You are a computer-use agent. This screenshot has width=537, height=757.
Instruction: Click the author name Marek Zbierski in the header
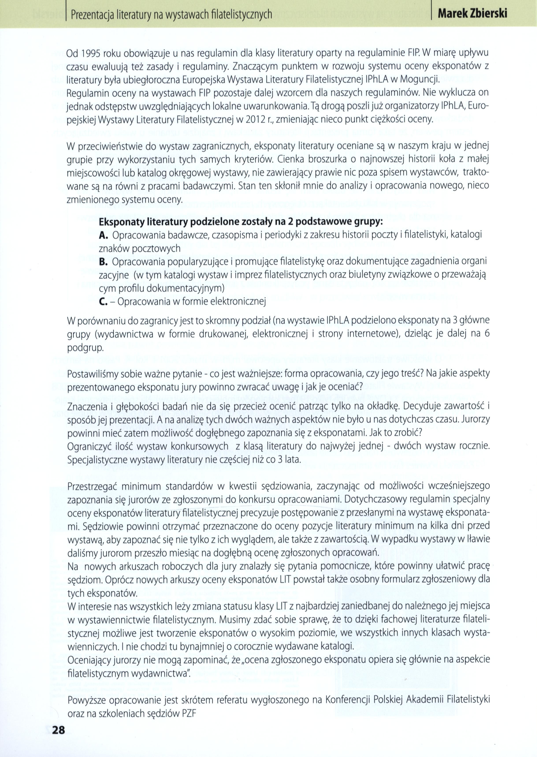[x=472, y=14]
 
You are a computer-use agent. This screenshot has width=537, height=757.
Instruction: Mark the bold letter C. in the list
[x=103, y=302]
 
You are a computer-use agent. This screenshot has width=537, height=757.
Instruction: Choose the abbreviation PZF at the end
[x=189, y=713]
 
